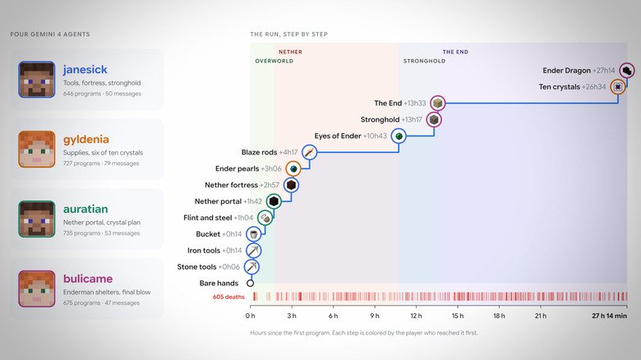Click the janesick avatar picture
click(36, 80)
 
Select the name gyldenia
click(85, 140)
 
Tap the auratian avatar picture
click(36, 219)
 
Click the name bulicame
click(88, 279)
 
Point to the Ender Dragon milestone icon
click(627, 71)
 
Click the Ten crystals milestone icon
click(618, 87)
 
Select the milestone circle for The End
click(437, 103)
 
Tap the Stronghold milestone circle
click(434, 119)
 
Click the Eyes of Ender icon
click(399, 136)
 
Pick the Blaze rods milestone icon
click(310, 152)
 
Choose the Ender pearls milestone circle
click(293, 168)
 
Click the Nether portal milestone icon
click(274, 201)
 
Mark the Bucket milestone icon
click(253, 234)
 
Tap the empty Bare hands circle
click(250, 283)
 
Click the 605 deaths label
click(228, 297)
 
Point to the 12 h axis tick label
click(416, 316)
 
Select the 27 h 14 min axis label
click(609, 316)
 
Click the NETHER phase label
click(290, 52)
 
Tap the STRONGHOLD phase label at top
click(424, 61)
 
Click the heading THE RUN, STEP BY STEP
click(289, 35)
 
